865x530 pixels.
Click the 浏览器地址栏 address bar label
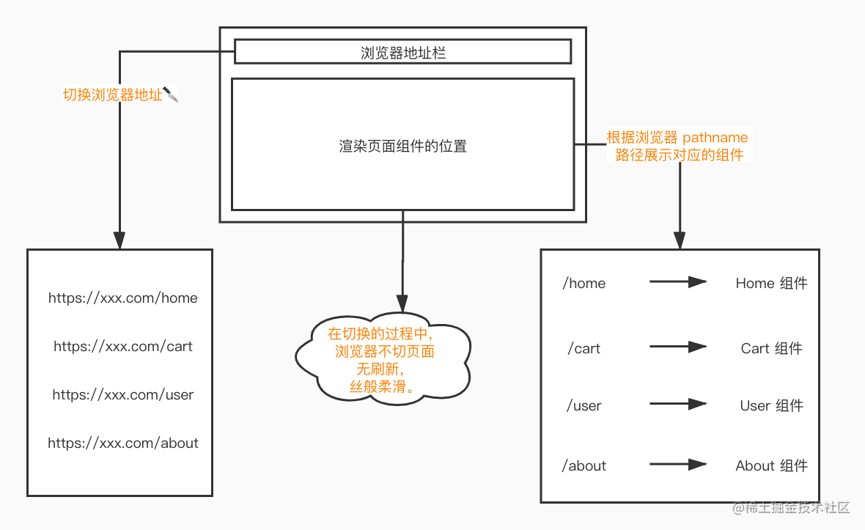(402, 53)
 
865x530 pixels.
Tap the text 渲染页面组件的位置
(402, 146)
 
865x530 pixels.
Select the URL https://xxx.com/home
(122, 298)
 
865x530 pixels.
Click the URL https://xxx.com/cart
(122, 346)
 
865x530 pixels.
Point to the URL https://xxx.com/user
(122, 395)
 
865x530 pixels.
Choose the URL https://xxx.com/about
(122, 443)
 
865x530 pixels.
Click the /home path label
(584, 284)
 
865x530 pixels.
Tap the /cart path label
(584, 348)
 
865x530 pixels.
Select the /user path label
(584, 406)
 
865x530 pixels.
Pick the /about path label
(584, 466)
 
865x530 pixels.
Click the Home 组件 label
(771, 284)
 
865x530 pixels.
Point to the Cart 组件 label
(771, 348)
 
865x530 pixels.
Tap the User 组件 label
(771, 406)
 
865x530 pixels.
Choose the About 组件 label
(771, 466)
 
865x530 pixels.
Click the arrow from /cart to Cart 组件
(678, 347)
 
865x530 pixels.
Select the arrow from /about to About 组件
(678, 464)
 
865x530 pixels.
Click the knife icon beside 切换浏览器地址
(171, 95)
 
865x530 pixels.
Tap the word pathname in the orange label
(715, 137)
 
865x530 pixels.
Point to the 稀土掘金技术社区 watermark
(798, 507)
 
